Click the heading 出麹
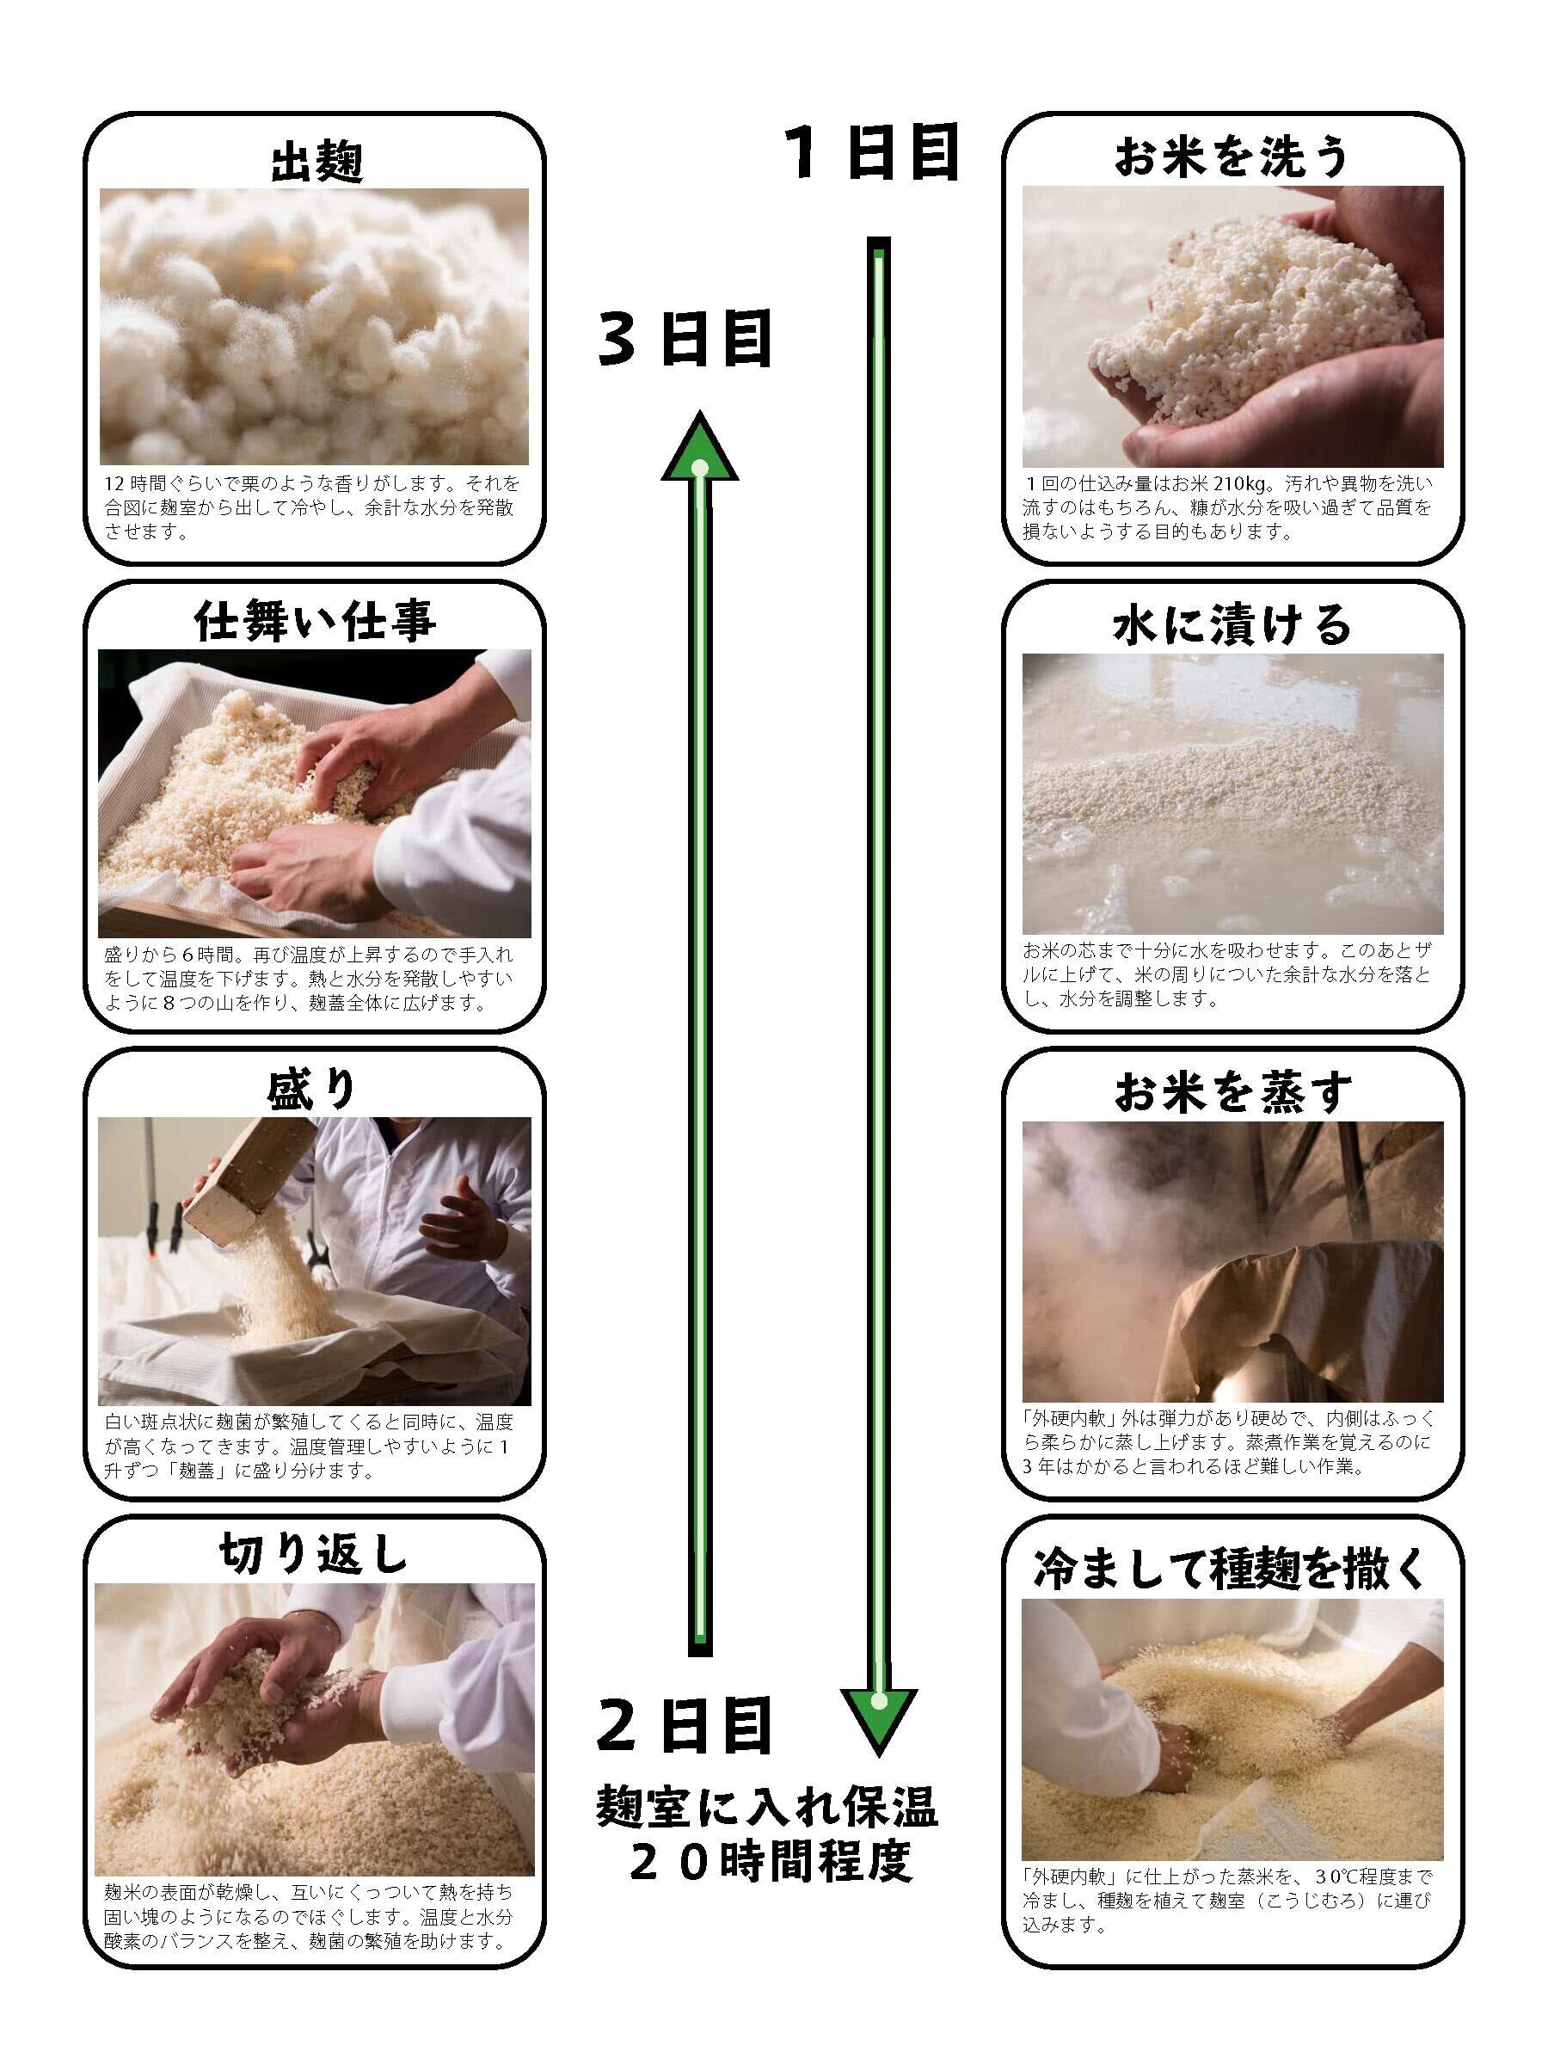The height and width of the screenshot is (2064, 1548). (316, 163)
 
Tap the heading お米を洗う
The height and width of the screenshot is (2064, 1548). (1232, 157)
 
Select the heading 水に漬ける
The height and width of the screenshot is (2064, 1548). (1232, 624)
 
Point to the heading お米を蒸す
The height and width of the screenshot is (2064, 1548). (1232, 1091)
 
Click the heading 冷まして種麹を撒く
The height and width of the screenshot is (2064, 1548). (1232, 1569)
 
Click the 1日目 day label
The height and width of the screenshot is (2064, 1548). (871, 153)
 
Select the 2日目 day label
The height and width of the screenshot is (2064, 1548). (685, 1726)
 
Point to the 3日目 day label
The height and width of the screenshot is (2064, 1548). (685, 341)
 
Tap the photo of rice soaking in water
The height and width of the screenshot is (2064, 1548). (1232, 794)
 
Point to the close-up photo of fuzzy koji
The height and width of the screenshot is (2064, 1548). (315, 327)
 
